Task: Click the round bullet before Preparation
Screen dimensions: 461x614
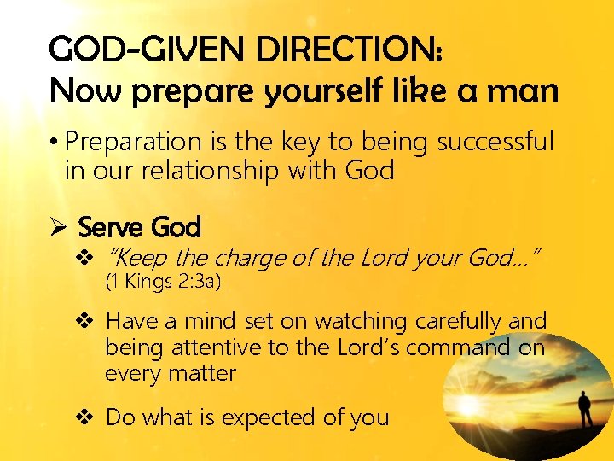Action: [54, 142]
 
